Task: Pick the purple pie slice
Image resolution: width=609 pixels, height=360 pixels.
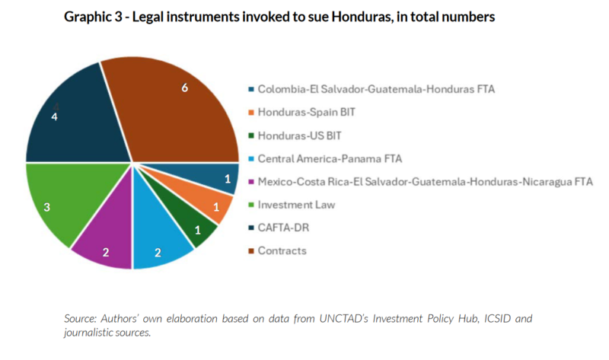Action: click(x=107, y=240)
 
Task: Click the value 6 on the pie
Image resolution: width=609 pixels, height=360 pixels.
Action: click(x=184, y=88)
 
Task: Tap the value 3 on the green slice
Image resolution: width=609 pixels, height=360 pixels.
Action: click(x=46, y=205)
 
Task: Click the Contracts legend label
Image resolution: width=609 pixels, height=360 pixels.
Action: click(x=282, y=250)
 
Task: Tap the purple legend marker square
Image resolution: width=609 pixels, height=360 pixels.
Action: click(x=251, y=182)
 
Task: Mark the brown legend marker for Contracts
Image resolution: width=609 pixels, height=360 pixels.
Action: click(x=251, y=250)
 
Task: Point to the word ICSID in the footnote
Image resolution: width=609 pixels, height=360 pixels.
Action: click(x=458, y=317)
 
